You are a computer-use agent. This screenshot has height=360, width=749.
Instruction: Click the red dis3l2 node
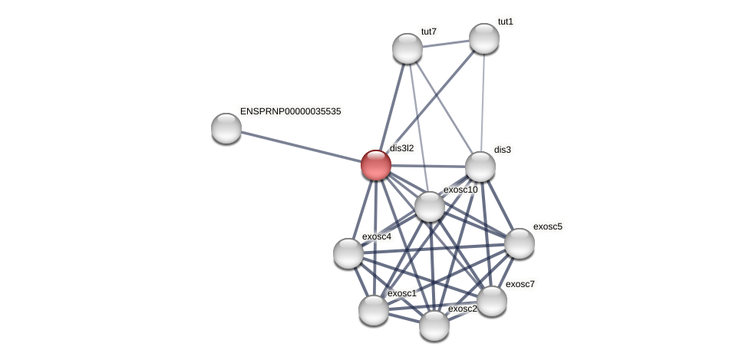pyautogui.click(x=376, y=165)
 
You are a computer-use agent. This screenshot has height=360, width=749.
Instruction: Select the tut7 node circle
pyautogui.click(x=407, y=48)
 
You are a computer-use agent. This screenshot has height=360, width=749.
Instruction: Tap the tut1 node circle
pyautogui.click(x=484, y=38)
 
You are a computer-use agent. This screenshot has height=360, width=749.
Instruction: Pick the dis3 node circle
pyautogui.click(x=480, y=167)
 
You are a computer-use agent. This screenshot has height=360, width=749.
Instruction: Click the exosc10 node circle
pyautogui.click(x=430, y=206)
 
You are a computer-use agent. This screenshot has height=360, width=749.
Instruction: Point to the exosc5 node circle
pyautogui.click(x=520, y=243)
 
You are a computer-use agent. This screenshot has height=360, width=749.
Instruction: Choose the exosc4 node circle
pyautogui.click(x=348, y=253)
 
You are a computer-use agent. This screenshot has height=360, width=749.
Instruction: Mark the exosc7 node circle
pyautogui.click(x=492, y=301)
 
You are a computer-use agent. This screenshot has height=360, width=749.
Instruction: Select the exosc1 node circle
pyautogui.click(x=374, y=310)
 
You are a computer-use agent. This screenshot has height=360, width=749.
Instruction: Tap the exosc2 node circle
pyautogui.click(x=434, y=325)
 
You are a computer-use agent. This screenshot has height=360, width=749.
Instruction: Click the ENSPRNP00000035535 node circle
pyautogui.click(x=226, y=128)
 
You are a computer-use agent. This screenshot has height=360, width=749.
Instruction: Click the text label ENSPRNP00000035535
pyautogui.click(x=290, y=111)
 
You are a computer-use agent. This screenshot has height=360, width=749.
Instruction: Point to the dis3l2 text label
pyautogui.click(x=401, y=148)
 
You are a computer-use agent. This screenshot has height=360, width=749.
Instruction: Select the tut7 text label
pyautogui.click(x=428, y=31)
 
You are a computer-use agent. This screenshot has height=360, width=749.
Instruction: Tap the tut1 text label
pyautogui.click(x=505, y=21)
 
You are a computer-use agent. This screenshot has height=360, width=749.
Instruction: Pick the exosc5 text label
pyautogui.click(x=547, y=226)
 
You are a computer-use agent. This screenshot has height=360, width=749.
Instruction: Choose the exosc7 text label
pyautogui.click(x=520, y=284)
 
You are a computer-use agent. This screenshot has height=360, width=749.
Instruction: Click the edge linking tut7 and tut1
pyautogui.click(x=446, y=44)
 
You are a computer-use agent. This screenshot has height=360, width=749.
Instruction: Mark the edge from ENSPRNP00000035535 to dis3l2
pyautogui.click(x=301, y=147)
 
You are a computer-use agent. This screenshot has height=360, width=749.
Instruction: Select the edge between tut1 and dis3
pyautogui.click(x=483, y=102)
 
